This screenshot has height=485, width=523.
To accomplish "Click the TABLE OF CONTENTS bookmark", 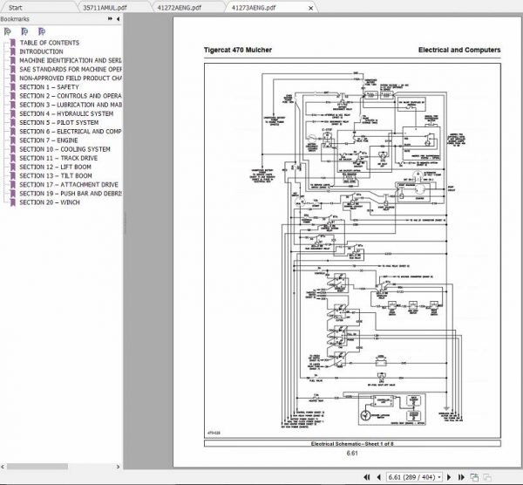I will pyautogui.click(x=49, y=43).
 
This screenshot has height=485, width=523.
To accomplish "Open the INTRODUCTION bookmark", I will pyautogui.click(x=41, y=51).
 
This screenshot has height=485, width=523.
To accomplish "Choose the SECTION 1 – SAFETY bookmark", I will pyautogui.click(x=49, y=87).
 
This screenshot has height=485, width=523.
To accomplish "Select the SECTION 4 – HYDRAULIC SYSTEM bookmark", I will pyautogui.click(x=66, y=113).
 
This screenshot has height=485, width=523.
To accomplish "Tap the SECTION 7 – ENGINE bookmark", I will pyautogui.click(x=49, y=140).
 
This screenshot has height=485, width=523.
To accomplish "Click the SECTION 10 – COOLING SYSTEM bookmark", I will pyautogui.click(x=65, y=149).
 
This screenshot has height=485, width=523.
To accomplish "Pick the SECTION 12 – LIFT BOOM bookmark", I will pyautogui.click(x=56, y=167).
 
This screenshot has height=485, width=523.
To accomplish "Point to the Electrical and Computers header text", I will pyautogui.click(x=458, y=51).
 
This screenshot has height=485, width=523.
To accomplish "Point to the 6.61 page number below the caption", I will pyautogui.click(x=352, y=454).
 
